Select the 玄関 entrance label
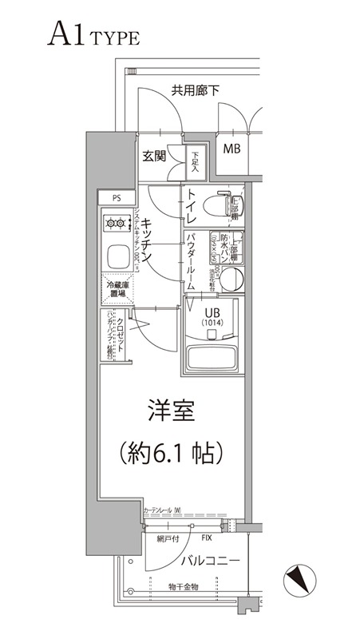point(156,156)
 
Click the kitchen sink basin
point(116,257)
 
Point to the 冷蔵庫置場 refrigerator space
point(117,288)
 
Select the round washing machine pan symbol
point(232,279)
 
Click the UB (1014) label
point(213,316)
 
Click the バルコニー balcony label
point(212,561)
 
